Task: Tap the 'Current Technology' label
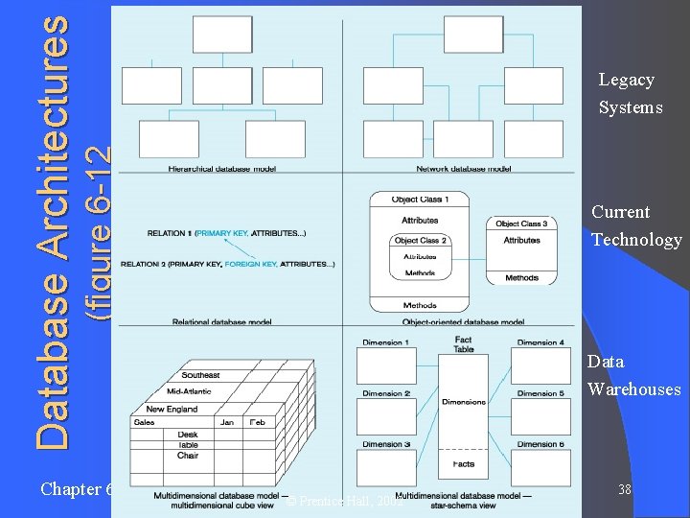point(635,225)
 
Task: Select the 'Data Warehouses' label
point(633,375)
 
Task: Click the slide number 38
point(624,490)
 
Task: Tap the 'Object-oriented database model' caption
point(463,322)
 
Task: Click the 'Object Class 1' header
point(419,200)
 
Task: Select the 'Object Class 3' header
point(521,224)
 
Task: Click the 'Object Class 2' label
point(421,241)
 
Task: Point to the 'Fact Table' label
point(463,344)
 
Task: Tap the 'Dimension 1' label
point(383,342)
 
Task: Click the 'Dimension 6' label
point(540,444)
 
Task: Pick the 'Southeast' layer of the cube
point(200,375)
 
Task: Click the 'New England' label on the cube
point(172,409)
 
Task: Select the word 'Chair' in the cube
point(188,456)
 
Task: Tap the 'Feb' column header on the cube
point(258,422)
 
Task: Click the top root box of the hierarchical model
point(221,35)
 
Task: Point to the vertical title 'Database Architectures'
point(54,230)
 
